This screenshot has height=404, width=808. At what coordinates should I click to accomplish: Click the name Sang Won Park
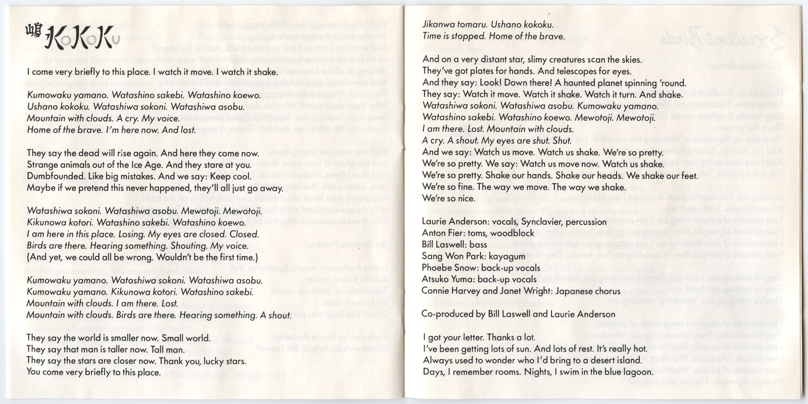tap(451, 257)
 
